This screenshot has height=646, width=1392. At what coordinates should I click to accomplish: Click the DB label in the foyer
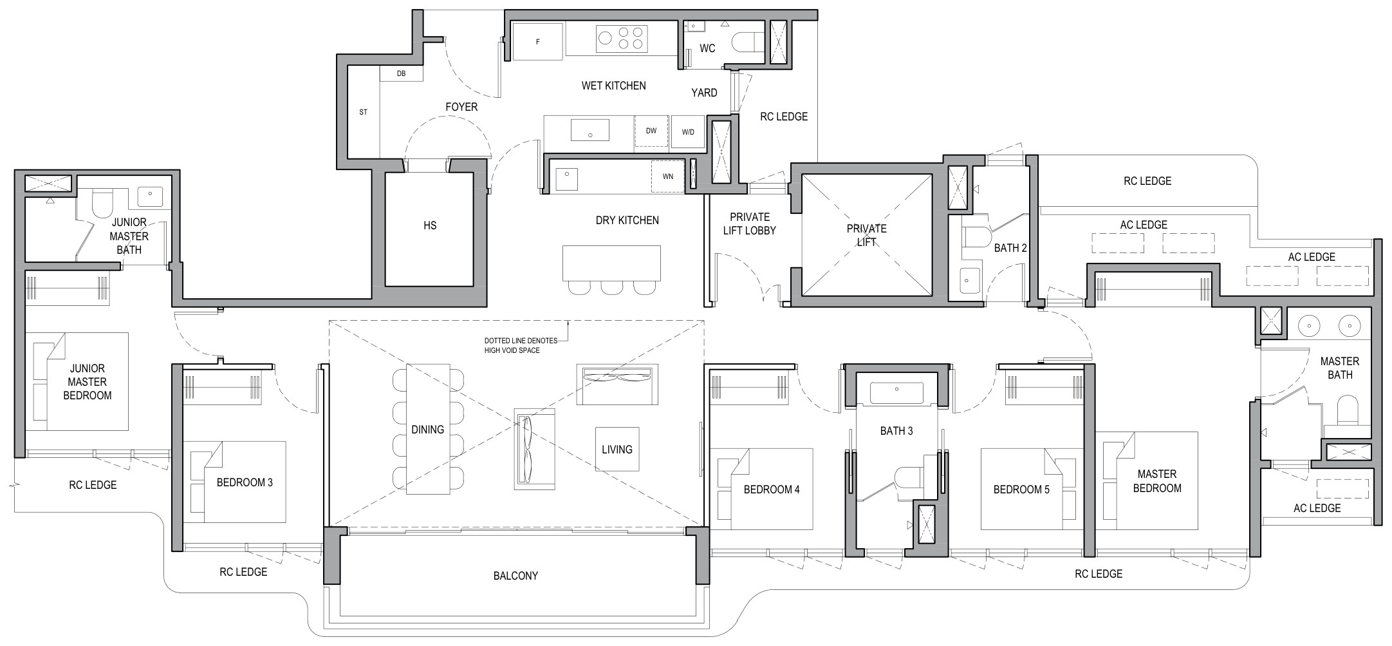pos(401,73)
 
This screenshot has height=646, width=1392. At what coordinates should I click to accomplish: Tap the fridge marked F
pos(538,42)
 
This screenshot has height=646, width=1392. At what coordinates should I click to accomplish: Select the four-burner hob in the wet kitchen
pos(622,38)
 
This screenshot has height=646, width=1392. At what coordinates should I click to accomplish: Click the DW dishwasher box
pos(651,131)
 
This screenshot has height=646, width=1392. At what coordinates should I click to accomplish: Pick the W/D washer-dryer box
pos(688,132)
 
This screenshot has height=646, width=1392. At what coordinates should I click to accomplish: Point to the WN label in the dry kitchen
pos(668,176)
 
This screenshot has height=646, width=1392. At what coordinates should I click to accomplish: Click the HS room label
pos(430,225)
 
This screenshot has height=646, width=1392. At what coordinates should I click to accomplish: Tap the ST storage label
pos(364,112)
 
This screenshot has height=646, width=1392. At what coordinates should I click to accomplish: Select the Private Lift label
pos(867,235)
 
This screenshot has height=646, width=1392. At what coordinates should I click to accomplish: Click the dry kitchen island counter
pos(611,263)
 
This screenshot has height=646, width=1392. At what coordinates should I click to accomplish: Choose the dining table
pos(428,430)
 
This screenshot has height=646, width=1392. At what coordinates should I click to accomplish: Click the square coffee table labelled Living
pos(617,449)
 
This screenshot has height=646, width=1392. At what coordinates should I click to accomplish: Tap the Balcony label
pos(515,576)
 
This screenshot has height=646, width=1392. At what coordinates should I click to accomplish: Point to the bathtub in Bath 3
pos(896,392)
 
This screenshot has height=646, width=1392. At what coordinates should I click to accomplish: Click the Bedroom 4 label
pos(772,489)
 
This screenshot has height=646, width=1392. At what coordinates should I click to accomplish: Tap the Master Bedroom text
pos(1157,481)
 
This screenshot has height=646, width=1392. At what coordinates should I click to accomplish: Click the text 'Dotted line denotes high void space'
pos(521,345)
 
